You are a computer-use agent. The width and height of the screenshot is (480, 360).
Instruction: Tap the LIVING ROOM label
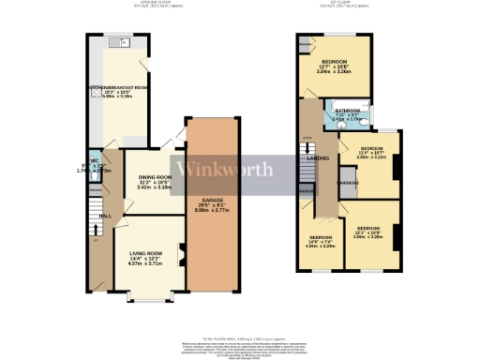[x=148, y=254]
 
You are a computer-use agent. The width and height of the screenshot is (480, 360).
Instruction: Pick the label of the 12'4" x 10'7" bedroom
[x=372, y=148]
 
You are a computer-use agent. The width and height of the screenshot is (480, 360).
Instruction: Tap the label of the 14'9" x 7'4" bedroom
[x=322, y=238]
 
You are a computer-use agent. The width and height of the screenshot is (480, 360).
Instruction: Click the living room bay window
[x=148, y=299]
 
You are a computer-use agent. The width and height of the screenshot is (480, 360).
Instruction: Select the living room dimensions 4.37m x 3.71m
[x=148, y=265]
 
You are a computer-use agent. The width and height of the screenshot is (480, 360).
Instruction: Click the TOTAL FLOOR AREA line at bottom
[x=240, y=335]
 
